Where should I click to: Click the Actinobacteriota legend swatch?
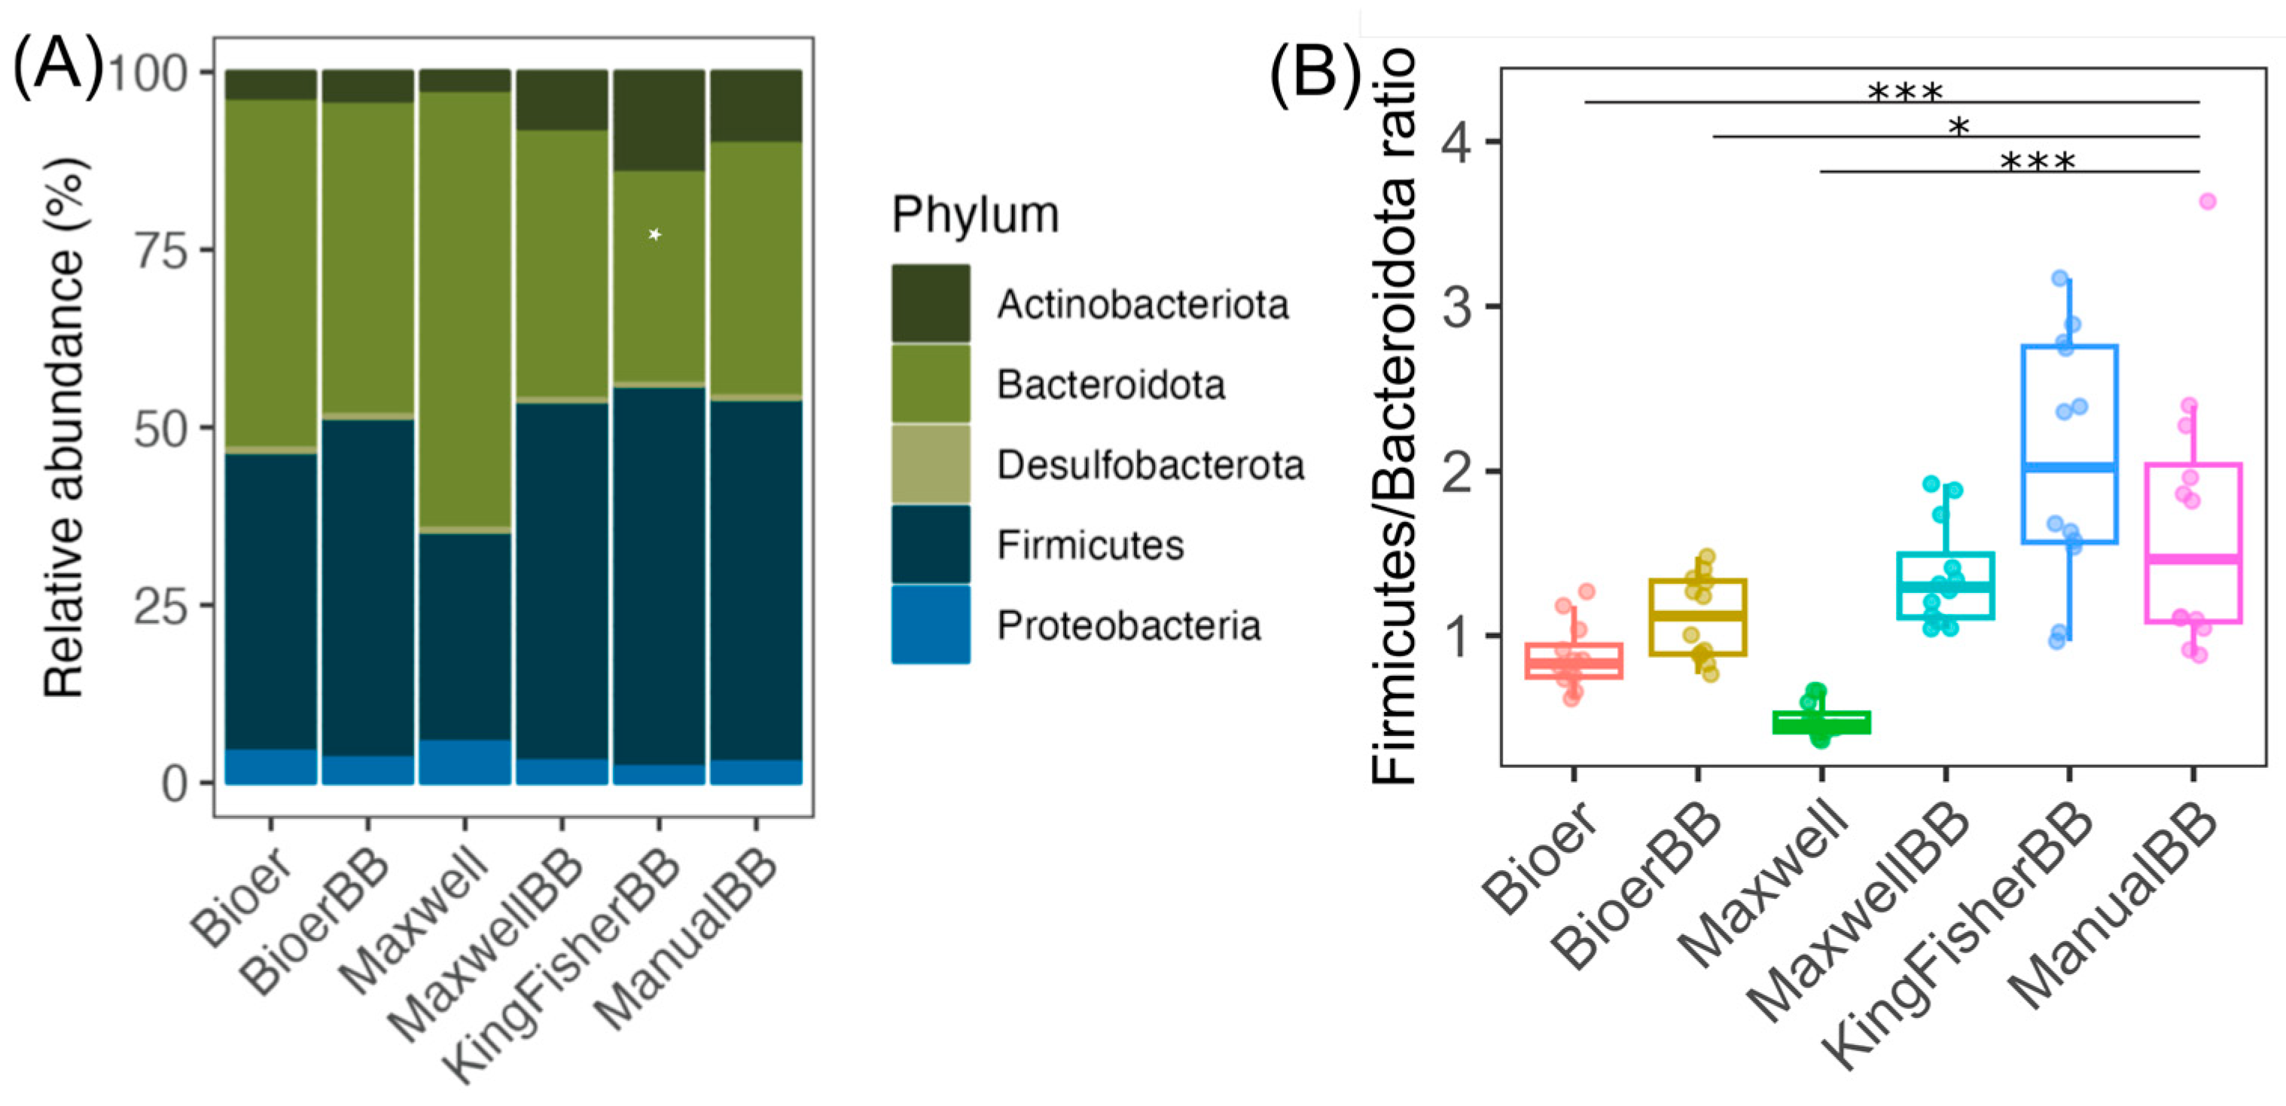[x=930, y=304]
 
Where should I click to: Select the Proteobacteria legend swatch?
[x=930, y=624]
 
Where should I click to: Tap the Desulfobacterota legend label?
[x=1150, y=465]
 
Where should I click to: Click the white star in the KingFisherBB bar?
[x=655, y=234]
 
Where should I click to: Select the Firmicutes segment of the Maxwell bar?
[x=464, y=636]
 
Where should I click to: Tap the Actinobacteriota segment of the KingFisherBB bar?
[x=658, y=121]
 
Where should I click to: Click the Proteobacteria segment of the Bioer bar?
[x=270, y=766]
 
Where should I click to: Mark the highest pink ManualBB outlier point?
[x=2207, y=201]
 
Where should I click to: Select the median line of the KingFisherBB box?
[x=2069, y=467]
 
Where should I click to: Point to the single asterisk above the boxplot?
[x=1958, y=127]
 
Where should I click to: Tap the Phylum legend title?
[x=975, y=215]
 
